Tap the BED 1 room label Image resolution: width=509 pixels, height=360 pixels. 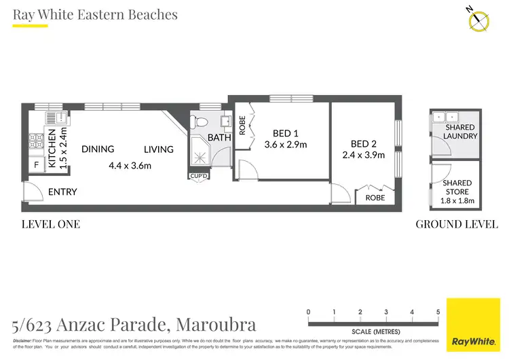pyautogui.click(x=286, y=133)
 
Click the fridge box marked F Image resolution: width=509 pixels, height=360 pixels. pyautogui.click(x=35, y=164)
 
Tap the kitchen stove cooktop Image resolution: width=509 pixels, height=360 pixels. pyautogui.click(x=35, y=141)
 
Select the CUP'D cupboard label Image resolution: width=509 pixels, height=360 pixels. pyautogui.click(x=199, y=177)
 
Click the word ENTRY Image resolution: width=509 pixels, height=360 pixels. pyautogui.click(x=62, y=192)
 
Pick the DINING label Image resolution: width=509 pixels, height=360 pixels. pyautogui.click(x=98, y=149)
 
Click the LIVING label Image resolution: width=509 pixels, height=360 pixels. pyautogui.click(x=158, y=149)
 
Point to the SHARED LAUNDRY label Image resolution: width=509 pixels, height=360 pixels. pyautogui.click(x=460, y=132)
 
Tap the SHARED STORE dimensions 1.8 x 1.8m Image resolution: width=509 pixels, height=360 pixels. pyautogui.click(x=457, y=201)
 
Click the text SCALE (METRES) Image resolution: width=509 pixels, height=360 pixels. pyautogui.click(x=373, y=331)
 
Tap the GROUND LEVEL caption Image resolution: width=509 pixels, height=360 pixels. pyautogui.click(x=456, y=224)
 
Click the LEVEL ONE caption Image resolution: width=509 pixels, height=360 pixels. pyautogui.click(x=51, y=224)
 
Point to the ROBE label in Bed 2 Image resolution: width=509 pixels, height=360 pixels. pyautogui.click(x=375, y=198)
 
